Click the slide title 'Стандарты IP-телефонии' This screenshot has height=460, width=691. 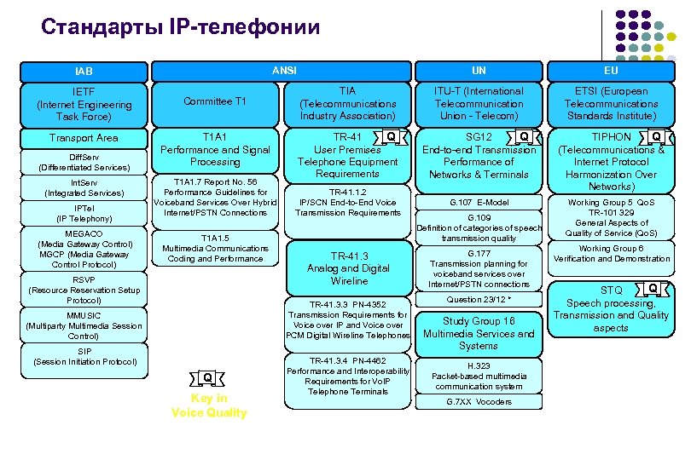click(x=180, y=27)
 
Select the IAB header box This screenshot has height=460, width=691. click(x=84, y=72)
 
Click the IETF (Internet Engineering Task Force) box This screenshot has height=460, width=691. click(x=84, y=104)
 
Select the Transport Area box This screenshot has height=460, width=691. click(x=84, y=138)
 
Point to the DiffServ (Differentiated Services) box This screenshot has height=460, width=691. click(x=84, y=162)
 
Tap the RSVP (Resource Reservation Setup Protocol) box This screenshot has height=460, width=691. click(x=84, y=290)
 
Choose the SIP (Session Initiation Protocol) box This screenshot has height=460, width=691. click(x=84, y=356)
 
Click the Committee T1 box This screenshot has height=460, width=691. click(x=216, y=101)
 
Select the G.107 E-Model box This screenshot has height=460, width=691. click(x=478, y=203)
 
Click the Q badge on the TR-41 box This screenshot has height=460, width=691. click(x=391, y=136)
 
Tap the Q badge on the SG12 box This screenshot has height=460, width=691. click(x=524, y=137)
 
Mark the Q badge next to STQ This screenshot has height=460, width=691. click(x=651, y=288)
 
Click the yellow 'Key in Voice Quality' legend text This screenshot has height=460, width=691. click(x=209, y=405)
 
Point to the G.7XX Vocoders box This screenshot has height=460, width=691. click(x=478, y=401)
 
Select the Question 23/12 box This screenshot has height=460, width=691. click(x=478, y=300)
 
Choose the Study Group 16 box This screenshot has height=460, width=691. click(x=478, y=333)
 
